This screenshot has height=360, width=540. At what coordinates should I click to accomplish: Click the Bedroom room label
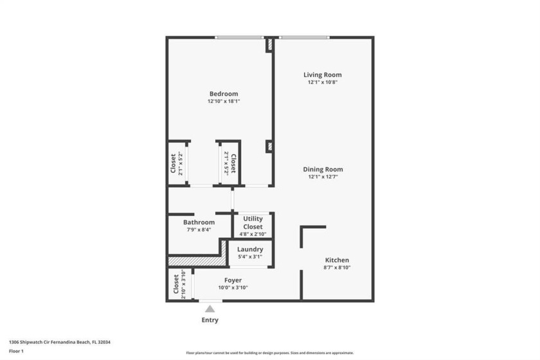(x=223, y=94)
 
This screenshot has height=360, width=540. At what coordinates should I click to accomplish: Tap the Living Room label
(x=322, y=75)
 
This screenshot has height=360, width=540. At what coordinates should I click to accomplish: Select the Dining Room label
(x=322, y=169)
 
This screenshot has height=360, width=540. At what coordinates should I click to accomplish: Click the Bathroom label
(x=199, y=222)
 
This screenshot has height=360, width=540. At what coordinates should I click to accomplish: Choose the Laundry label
(x=250, y=249)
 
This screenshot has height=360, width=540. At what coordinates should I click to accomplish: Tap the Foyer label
(x=233, y=280)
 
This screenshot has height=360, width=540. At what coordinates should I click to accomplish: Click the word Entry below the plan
(x=210, y=320)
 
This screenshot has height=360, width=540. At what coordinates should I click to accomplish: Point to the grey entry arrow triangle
(x=210, y=309)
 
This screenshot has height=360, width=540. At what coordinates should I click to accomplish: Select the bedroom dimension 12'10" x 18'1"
(x=223, y=102)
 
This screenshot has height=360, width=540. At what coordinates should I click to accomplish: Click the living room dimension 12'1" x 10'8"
(x=322, y=82)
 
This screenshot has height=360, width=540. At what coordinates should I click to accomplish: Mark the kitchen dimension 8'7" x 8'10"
(x=337, y=267)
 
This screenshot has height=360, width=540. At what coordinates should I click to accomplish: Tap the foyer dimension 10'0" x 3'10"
(x=233, y=287)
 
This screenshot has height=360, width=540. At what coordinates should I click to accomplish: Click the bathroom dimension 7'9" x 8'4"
(x=199, y=230)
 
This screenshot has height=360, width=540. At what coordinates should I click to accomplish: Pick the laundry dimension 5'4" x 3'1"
(x=250, y=257)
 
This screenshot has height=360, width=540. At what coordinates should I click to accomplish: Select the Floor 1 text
(x=17, y=351)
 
